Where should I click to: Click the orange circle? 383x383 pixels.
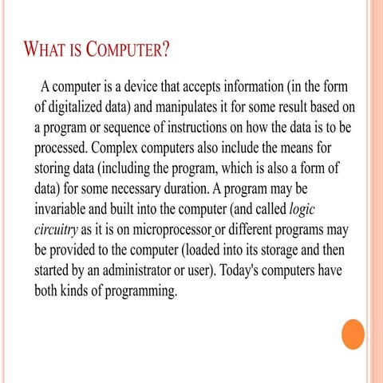pos(352,334)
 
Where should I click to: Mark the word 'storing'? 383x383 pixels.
pos(56,169)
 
